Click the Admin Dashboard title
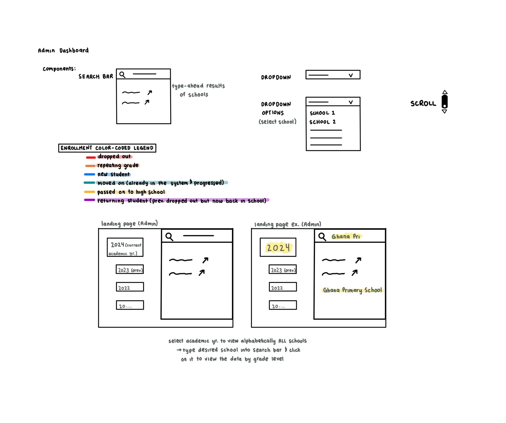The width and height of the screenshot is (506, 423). (63, 50)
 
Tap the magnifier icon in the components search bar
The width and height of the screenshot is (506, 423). (122, 75)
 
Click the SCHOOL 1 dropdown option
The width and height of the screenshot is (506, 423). (322, 113)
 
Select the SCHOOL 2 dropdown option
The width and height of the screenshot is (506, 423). (322, 122)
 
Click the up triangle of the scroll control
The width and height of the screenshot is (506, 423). (445, 92)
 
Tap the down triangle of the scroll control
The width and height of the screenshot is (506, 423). (444, 112)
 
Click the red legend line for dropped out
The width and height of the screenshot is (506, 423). (91, 157)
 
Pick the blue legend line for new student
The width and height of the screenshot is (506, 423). (90, 174)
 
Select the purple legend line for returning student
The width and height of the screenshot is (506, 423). (90, 200)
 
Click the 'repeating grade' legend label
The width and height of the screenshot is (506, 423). (118, 165)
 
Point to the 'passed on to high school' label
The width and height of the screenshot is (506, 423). (131, 192)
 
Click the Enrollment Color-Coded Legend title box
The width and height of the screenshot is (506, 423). (107, 148)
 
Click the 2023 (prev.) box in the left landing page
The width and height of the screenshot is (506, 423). (130, 270)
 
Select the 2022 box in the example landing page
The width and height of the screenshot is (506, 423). (283, 287)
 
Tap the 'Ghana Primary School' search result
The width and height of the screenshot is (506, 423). (352, 290)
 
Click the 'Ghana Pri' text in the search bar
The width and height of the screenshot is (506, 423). (346, 237)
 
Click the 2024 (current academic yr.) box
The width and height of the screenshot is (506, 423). (125, 247)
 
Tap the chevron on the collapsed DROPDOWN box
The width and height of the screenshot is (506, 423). (351, 75)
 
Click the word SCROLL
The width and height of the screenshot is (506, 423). (423, 103)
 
